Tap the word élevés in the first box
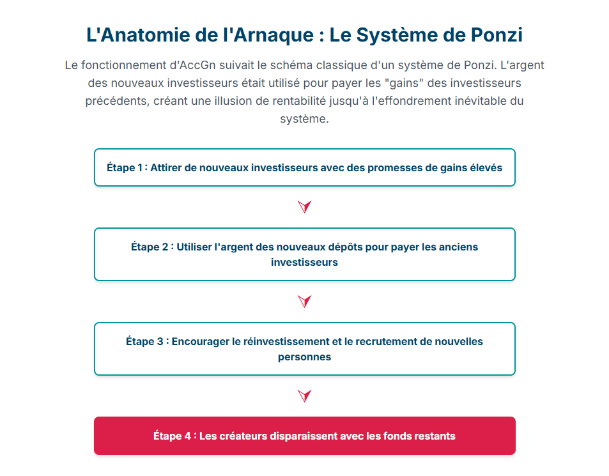coord(485,168)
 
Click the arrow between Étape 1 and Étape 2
coord(305,206)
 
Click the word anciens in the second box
coord(458,247)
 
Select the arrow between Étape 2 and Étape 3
coord(305,302)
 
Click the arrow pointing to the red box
coord(305,396)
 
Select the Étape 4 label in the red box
coord(172,436)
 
